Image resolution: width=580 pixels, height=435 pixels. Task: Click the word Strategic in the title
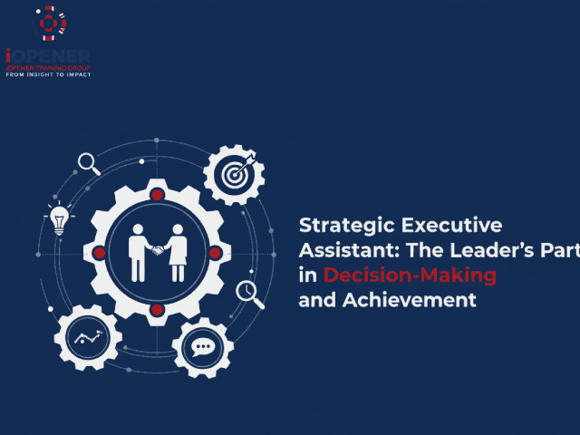click(x=338, y=226)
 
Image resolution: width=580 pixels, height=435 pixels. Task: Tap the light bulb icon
click(x=59, y=219)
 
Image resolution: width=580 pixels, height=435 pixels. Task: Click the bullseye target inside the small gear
click(x=234, y=175)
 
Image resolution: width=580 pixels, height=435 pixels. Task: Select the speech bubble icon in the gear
click(x=202, y=347)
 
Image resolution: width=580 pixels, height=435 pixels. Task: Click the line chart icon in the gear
click(x=88, y=339)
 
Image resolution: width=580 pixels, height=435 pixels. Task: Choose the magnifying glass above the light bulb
click(x=88, y=163)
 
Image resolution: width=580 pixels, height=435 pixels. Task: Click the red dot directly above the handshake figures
click(x=157, y=195)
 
